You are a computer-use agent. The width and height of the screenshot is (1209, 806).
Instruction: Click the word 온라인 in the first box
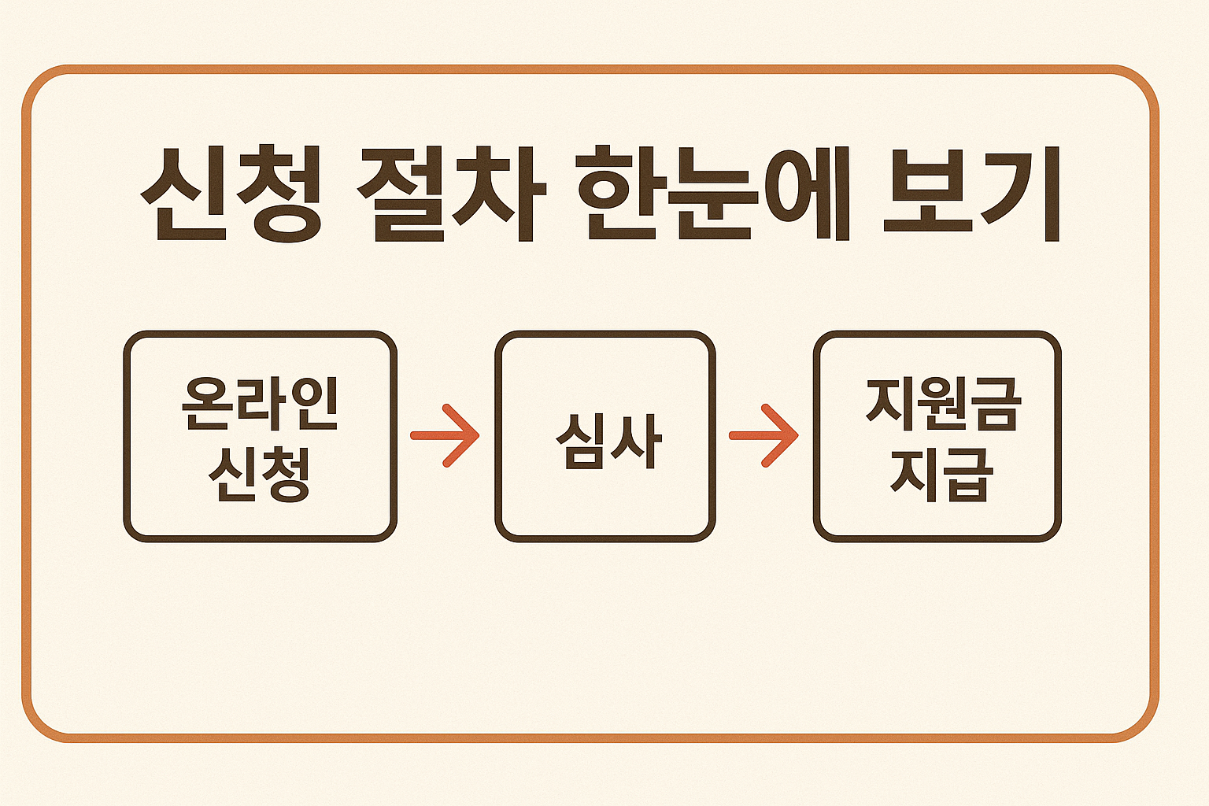pos(260,404)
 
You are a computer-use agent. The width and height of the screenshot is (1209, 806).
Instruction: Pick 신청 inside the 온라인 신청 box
pos(260,474)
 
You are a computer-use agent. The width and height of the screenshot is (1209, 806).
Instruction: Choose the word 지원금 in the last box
pos(942,404)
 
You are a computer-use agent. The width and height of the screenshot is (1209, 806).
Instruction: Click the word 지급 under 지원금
pos(942,474)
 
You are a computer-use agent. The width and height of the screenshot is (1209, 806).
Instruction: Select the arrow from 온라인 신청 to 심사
pos(446,435)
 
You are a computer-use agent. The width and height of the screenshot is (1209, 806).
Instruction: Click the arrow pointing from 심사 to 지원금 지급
pos(764,435)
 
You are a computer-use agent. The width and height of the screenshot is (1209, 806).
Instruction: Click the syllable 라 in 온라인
pos(261,404)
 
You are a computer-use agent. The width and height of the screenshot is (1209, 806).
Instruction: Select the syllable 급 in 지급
pos(968,474)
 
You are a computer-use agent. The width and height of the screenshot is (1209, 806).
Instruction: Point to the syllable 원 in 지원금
pos(943,404)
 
